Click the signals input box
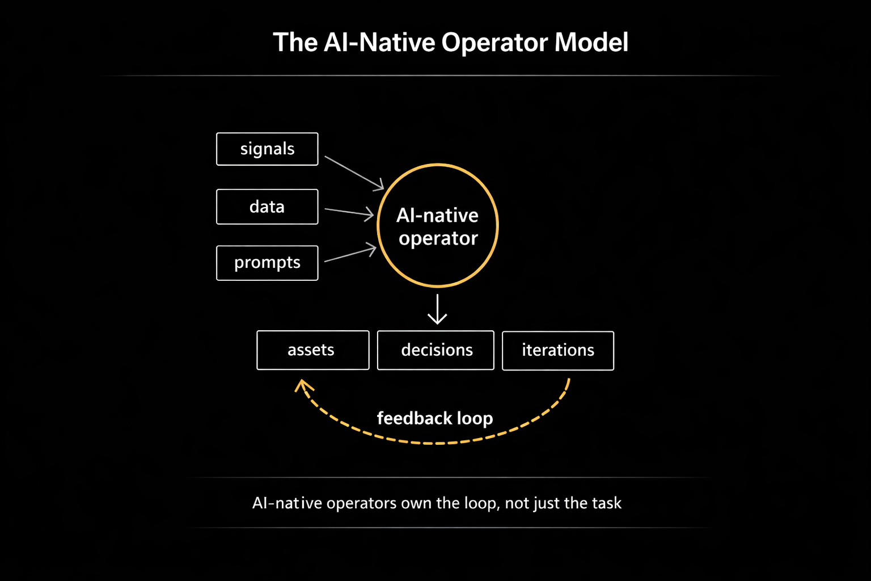coord(267,149)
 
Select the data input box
coord(267,207)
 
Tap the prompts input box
coord(267,263)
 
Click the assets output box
coord(312,350)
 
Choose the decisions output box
coord(435,350)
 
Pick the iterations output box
coord(558,350)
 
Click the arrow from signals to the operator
coord(354,172)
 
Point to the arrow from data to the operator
coord(349,212)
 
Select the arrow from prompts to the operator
coord(350,254)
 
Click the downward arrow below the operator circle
coord(437,309)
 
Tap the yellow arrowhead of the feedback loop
coord(303,386)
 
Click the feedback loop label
coord(435,418)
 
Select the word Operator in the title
coord(494,43)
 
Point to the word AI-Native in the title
coord(379,43)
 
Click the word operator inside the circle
coord(438,239)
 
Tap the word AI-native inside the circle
coord(437,216)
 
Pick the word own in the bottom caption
coord(416,503)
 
